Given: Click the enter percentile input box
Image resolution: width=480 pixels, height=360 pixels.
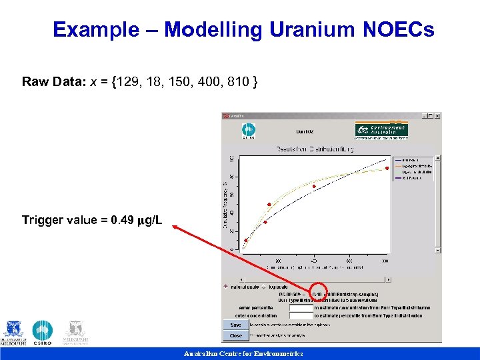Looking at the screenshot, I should click(301, 307).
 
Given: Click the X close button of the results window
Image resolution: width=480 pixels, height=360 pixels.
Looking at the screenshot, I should click(437, 115).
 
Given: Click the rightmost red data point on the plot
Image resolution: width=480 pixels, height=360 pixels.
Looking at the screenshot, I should click(387, 168).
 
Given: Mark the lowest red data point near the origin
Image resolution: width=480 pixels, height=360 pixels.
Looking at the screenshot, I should click(246, 240).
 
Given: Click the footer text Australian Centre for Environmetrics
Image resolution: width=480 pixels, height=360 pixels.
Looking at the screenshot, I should click(243, 354).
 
